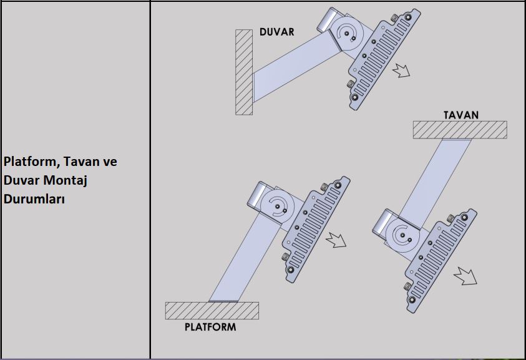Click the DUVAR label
pos(276,32)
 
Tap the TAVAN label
pos(460,115)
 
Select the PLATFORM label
pos(210,326)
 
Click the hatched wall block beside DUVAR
pos(243,72)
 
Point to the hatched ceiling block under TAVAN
pos(459,130)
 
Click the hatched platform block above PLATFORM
pos(212,310)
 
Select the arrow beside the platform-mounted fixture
pos(336,240)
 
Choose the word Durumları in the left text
pos(34,200)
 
